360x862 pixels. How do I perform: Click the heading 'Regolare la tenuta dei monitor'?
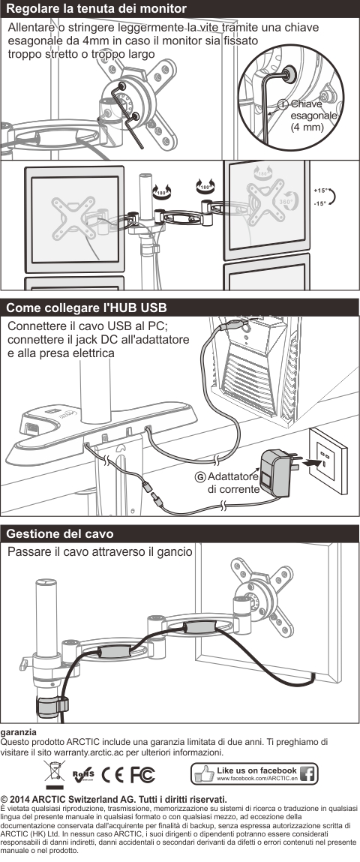click(x=96, y=9)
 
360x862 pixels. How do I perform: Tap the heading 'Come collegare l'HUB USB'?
click(x=86, y=307)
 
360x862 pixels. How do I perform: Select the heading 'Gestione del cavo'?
click(x=60, y=533)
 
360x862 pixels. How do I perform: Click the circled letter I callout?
click(x=283, y=104)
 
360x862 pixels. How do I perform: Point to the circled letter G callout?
click(x=200, y=476)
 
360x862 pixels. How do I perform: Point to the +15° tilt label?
click(x=320, y=191)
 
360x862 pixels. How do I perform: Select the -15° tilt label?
click(x=320, y=204)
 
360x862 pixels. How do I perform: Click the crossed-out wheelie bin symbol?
click(x=55, y=774)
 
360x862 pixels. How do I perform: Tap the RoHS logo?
click(x=83, y=774)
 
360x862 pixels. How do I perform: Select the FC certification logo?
click(x=142, y=774)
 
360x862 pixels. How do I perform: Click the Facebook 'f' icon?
click(x=307, y=774)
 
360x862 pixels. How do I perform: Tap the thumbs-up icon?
click(x=205, y=773)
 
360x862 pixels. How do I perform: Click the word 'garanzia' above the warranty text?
click(x=19, y=733)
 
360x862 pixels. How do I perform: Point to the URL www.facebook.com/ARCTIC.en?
click(x=257, y=779)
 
